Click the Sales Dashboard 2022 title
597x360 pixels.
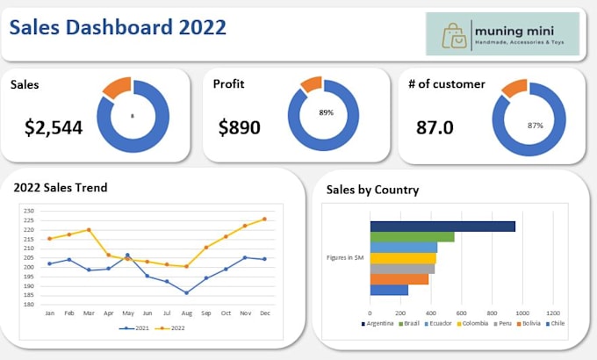117,27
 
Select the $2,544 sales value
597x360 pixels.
54,128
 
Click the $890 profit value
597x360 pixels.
240,128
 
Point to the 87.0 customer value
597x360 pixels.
435,128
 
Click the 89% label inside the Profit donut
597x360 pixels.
326,113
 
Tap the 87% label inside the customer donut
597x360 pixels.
535,126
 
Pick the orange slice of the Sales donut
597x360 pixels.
117,87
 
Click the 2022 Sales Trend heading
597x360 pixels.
61,187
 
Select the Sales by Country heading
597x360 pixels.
372,190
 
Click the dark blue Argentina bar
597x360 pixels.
442,227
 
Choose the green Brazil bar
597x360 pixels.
412,237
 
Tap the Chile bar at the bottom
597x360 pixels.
389,290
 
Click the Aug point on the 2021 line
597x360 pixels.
186,292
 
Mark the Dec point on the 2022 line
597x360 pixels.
264,220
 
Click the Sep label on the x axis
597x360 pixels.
205,313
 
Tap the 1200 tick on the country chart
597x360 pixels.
553,312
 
